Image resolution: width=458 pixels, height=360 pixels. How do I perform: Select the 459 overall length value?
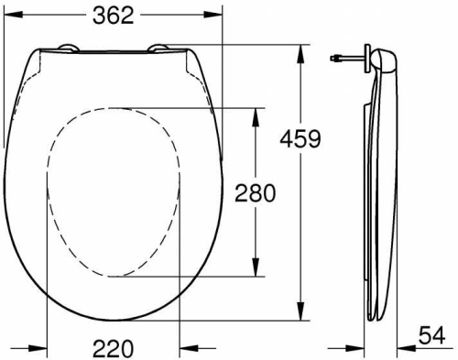pos(302,139)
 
